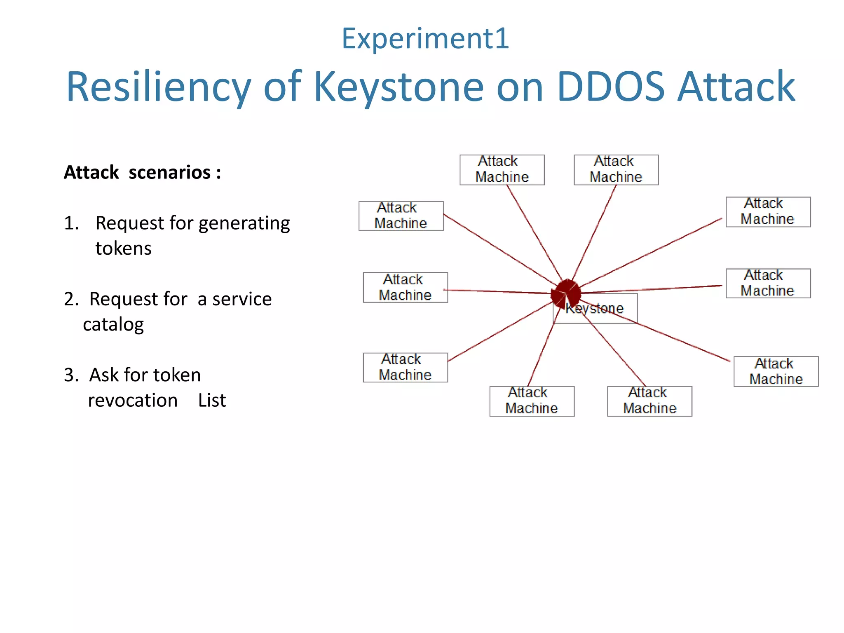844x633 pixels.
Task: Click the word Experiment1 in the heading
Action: coord(425,38)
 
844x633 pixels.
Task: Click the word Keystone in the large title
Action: coord(399,87)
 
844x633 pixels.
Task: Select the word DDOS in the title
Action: coord(610,87)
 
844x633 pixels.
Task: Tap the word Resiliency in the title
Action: coord(159,87)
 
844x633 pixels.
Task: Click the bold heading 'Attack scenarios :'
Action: coord(142,172)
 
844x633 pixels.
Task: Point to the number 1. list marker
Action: coord(71,223)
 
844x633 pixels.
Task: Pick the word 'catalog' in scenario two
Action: coord(113,324)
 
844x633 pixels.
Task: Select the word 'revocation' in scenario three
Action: coord(133,400)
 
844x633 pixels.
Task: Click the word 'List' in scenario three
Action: coord(212,400)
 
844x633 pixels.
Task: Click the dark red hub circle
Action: coord(567,293)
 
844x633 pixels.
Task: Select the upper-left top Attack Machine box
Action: coord(502,170)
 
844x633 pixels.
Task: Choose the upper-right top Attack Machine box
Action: coord(616,170)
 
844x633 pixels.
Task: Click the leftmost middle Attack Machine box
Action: coord(405,287)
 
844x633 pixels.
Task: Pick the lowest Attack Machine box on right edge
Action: coord(776,371)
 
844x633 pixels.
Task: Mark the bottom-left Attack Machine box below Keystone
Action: coord(532,401)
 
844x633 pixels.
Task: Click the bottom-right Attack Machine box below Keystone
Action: coord(649,401)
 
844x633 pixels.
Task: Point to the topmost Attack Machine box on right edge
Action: coord(768,212)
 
